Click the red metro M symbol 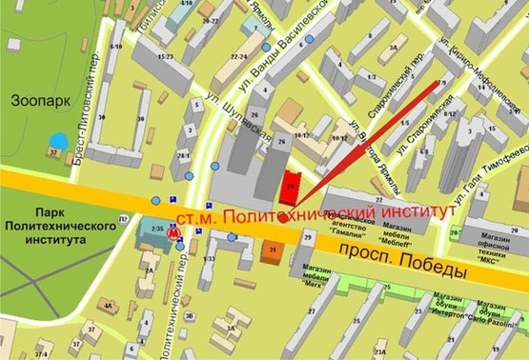pyautogui.click(x=173, y=231)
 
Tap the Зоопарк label pyautogui.click(x=35, y=98)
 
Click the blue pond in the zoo pyautogui.click(x=58, y=141)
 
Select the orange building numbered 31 pyautogui.click(x=271, y=250)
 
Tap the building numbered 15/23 pyautogui.click(x=169, y=57)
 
